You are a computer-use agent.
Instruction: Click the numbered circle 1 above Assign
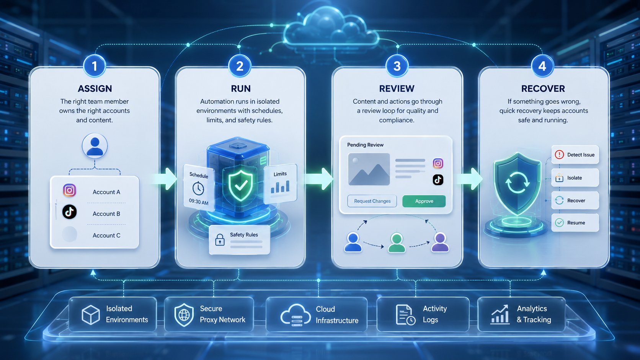pos(95,66)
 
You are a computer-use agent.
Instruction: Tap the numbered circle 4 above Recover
pos(542,66)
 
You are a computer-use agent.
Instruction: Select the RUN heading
pos(240,88)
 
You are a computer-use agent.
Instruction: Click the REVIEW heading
pos(397,88)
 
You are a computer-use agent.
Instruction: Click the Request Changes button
pos(372,201)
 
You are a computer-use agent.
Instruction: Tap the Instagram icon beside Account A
pos(69,190)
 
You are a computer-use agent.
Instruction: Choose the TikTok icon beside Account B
pos(69,212)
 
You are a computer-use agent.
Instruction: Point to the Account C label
pos(106,235)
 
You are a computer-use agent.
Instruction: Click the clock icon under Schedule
pos(198,189)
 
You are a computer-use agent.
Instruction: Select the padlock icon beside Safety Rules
pos(220,240)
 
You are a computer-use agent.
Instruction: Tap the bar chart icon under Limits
pos(280,187)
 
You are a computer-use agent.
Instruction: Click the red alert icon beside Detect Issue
pos(559,155)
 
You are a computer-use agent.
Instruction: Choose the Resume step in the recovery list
pos(575,223)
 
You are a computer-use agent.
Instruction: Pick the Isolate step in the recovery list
pos(575,178)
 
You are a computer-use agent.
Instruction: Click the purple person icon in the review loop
pos(440,243)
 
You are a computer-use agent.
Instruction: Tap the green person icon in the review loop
pos(397,243)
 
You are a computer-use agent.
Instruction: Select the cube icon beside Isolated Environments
pos(91,314)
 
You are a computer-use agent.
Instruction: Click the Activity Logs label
pos(434,314)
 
